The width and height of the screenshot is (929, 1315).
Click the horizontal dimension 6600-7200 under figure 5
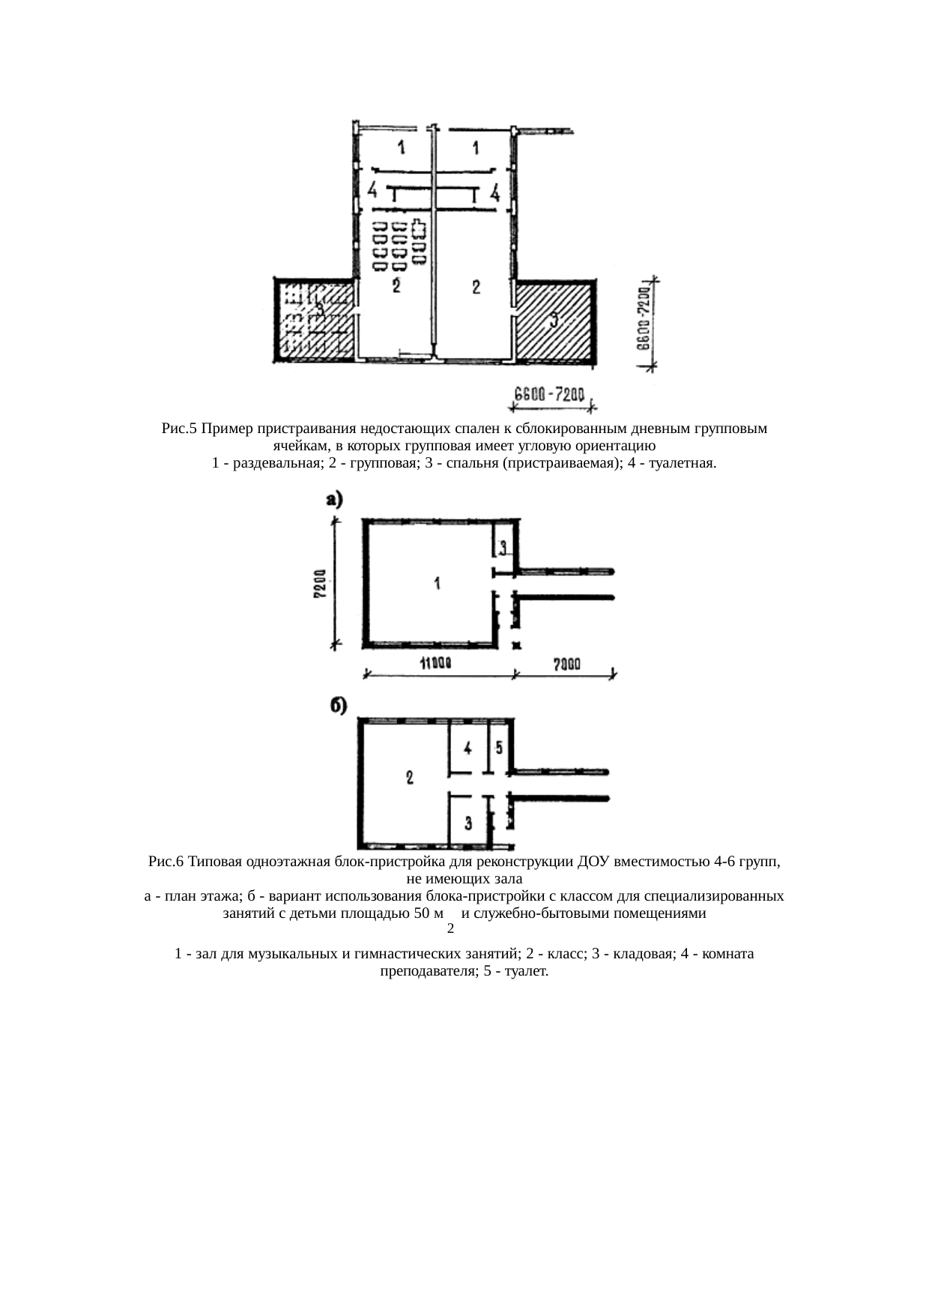tap(549, 395)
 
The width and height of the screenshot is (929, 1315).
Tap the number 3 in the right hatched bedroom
tap(554, 320)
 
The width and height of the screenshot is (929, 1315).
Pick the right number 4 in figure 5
tap(494, 194)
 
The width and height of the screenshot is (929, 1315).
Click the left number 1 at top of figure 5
tap(402, 148)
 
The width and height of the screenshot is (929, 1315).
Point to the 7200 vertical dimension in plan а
tap(320, 584)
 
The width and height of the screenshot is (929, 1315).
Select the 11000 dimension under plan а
tap(435, 662)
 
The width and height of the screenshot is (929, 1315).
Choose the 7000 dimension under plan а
tap(566, 662)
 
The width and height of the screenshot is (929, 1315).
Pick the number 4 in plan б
tap(467, 748)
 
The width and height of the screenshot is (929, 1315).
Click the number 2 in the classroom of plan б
tap(409, 777)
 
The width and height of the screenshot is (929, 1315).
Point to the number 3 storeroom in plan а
tap(503, 546)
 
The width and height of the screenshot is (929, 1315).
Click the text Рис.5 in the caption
tap(179, 429)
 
